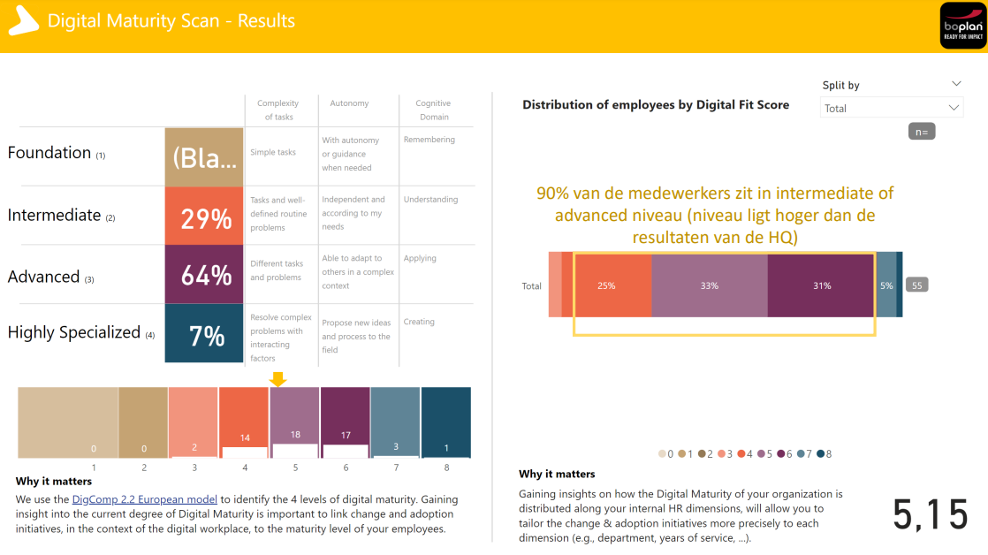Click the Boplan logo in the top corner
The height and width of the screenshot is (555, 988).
pos(962,26)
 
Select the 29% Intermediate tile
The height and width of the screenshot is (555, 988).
pos(204,216)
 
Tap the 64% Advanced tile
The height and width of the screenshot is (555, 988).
pos(204,275)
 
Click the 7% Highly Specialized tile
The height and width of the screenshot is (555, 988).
pos(204,334)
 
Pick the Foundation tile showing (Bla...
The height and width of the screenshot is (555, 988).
pos(204,156)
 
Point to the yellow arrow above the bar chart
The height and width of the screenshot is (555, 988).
pos(277,379)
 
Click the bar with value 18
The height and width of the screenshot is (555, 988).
pos(295,422)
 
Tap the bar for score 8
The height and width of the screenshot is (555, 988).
pos(446,422)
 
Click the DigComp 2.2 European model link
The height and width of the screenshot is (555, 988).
pos(144,499)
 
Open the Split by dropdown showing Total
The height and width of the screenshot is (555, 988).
pos(891,108)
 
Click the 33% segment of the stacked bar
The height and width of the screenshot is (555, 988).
pos(710,285)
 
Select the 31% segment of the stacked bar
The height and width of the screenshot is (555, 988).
pos(822,285)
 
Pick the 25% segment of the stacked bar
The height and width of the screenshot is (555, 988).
pos(606,285)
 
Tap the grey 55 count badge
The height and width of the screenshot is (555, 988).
pos(917,285)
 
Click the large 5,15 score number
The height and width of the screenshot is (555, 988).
pos(931,514)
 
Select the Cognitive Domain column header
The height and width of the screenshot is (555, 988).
pos(433,110)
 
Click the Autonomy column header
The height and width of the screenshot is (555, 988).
pos(349,103)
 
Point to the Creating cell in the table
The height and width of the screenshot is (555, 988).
pos(419,322)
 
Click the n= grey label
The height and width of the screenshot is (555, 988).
pos(922,132)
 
